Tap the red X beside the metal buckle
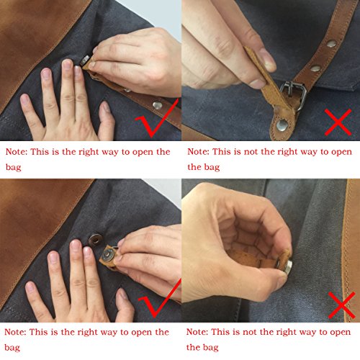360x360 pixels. [338, 122]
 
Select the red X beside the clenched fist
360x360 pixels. [342, 305]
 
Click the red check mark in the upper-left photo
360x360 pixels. [157, 117]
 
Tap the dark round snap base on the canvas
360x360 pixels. [95, 240]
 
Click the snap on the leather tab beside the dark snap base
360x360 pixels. [108, 256]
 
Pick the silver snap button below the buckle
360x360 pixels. [282, 125]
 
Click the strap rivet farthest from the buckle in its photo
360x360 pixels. [332, 43]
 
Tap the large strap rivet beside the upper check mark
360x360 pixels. [157, 105]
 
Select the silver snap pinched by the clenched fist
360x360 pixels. [287, 264]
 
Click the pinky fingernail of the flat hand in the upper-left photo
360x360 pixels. [24, 99]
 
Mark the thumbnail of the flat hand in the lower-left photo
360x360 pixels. [122, 294]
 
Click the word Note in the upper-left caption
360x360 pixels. [17, 152]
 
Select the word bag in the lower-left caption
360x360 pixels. [12, 347]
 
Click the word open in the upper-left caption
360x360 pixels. [143, 153]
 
